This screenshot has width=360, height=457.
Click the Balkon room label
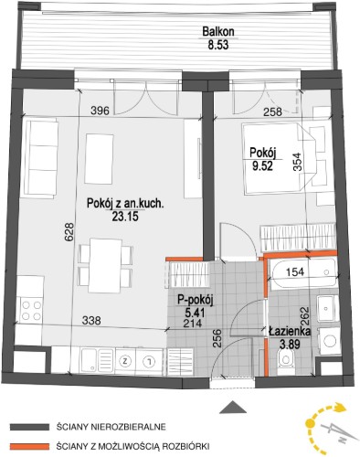tap(218, 32)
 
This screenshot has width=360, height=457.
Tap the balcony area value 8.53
tap(218, 46)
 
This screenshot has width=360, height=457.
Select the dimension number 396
tap(101, 111)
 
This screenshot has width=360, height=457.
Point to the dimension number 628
tap(69, 233)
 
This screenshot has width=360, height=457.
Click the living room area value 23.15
tap(125, 216)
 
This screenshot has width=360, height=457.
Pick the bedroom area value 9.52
tap(262, 166)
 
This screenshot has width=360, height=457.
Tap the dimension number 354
tap(298, 162)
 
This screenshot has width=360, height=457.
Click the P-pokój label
tap(196, 301)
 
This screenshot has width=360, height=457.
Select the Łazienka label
tap(290, 332)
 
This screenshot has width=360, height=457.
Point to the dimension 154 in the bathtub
tap(295, 271)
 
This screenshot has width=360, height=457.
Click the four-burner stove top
tap(30, 310)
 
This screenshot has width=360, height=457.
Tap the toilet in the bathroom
tap(286, 359)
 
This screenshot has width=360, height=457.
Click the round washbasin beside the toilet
tap(328, 341)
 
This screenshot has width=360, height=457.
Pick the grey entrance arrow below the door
tap(233, 407)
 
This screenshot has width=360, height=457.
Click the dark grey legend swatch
tap(29, 427)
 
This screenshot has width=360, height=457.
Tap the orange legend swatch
tap(29, 447)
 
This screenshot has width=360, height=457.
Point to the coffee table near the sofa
tap(100, 159)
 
